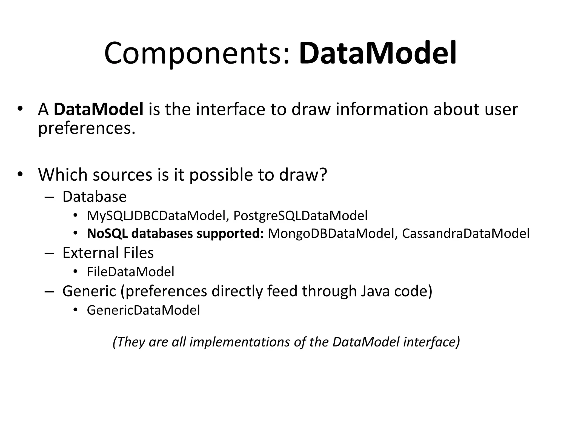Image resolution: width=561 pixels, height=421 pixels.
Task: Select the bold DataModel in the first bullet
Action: (99, 109)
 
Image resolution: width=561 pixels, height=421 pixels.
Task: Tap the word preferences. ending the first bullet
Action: (87, 128)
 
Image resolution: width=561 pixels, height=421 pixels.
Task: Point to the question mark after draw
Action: (324, 174)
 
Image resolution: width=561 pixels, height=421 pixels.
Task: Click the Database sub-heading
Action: (95, 197)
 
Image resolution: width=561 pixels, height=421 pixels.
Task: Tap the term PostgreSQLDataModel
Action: (300, 216)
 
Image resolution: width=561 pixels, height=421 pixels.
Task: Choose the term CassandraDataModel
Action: (465, 234)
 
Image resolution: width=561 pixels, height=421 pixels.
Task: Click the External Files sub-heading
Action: (108, 253)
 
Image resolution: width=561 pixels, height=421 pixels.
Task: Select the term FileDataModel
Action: (130, 272)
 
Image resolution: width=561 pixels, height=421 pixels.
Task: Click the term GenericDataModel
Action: (143, 310)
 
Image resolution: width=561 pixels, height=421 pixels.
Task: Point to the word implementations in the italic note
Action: (240, 342)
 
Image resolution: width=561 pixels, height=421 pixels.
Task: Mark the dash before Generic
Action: (49, 291)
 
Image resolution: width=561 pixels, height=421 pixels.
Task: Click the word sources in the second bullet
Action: (122, 174)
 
